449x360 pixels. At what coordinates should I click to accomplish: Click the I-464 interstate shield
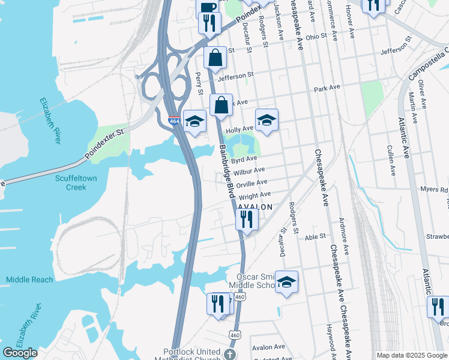click(x=173, y=121)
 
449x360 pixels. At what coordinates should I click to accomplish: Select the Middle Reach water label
click(x=29, y=280)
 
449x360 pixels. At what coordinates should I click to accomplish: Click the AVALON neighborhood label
click(x=255, y=207)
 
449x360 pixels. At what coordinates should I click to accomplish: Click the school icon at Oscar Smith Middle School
click(x=287, y=281)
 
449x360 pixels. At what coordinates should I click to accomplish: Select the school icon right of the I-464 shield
click(x=194, y=121)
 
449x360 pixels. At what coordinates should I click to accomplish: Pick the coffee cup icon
click(x=208, y=7)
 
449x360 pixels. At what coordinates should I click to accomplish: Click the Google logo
click(x=20, y=353)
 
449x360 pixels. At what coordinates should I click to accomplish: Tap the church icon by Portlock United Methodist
click(x=229, y=354)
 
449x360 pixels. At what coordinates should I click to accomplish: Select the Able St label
click(x=315, y=237)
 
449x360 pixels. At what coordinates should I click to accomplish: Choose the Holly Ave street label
click(x=239, y=129)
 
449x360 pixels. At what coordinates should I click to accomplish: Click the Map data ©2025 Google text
click(x=411, y=355)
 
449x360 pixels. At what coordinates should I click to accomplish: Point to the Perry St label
click(x=199, y=83)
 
